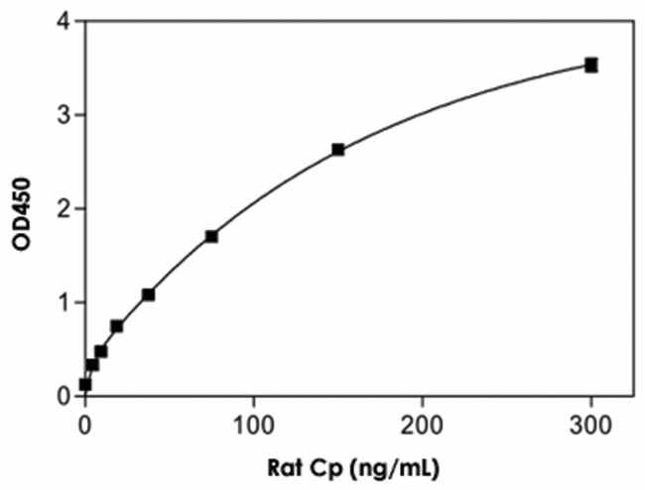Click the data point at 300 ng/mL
click(x=591, y=65)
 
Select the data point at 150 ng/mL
click(x=338, y=150)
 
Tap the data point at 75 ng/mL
click(x=211, y=236)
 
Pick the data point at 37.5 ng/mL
click(x=148, y=295)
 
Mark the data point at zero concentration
click(x=85, y=384)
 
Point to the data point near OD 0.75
click(x=116, y=325)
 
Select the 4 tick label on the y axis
click(x=64, y=21)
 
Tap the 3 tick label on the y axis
click(x=64, y=115)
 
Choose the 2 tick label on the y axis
click(x=64, y=208)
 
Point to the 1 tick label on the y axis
click(x=64, y=303)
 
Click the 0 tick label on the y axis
click(x=64, y=396)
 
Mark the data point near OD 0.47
click(x=100, y=351)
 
